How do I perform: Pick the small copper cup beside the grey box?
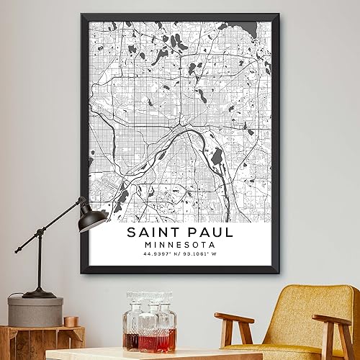pyautogui.click(x=70, y=321)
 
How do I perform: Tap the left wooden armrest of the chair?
pyautogui.click(x=233, y=319)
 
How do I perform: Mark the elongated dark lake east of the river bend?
pyautogui.click(x=215, y=157)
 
